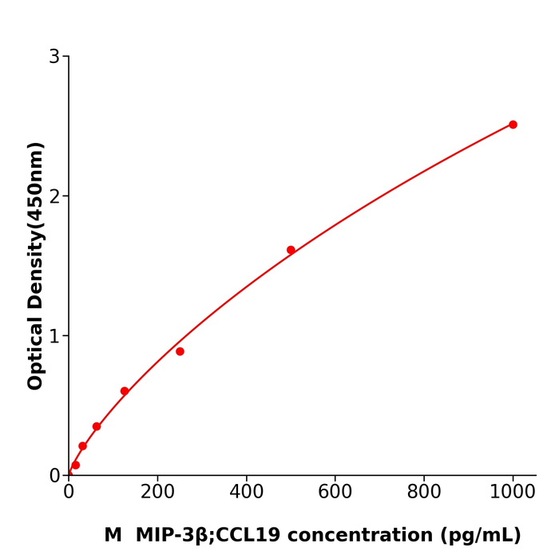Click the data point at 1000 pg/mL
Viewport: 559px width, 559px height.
coord(513,125)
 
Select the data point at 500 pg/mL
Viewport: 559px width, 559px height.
coord(291,250)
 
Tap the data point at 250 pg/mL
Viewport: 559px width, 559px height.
coord(180,351)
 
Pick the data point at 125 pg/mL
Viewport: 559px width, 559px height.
coord(125,391)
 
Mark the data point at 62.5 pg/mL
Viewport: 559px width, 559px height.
coord(97,426)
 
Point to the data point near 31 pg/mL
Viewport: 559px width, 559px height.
coord(82,446)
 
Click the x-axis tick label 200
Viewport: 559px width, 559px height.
coord(157,493)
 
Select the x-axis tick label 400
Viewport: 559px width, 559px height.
coord(246,493)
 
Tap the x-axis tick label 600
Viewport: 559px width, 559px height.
coord(335,493)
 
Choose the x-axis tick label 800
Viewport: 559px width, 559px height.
coord(424,493)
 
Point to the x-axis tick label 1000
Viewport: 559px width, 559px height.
coord(513,493)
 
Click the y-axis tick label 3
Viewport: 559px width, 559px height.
coord(54,57)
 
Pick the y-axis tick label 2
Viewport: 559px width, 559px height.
coord(54,196)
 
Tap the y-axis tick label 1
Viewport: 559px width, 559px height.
coord(54,336)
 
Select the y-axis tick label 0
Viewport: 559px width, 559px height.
coord(54,476)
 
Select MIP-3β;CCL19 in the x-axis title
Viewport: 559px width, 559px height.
coord(208,536)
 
